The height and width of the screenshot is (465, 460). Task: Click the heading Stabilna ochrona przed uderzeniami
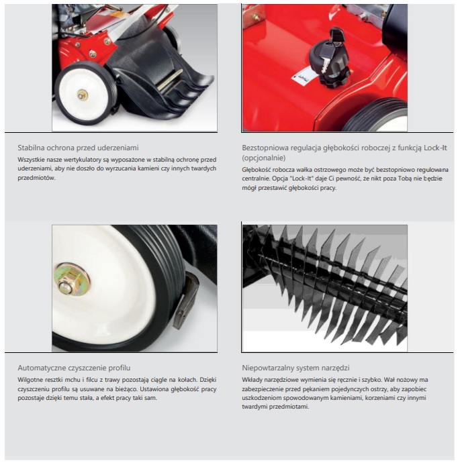pyautogui.click(x=78, y=148)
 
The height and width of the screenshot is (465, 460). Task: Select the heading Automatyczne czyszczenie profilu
pyautogui.click(x=74, y=368)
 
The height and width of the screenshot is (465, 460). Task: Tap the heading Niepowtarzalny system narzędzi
pyautogui.click(x=295, y=368)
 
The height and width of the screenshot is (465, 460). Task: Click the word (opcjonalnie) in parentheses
pyautogui.click(x=263, y=158)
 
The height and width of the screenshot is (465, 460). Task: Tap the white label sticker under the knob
pyautogui.click(x=303, y=76)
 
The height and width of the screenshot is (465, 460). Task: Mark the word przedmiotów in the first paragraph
pyautogui.click(x=36, y=178)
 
